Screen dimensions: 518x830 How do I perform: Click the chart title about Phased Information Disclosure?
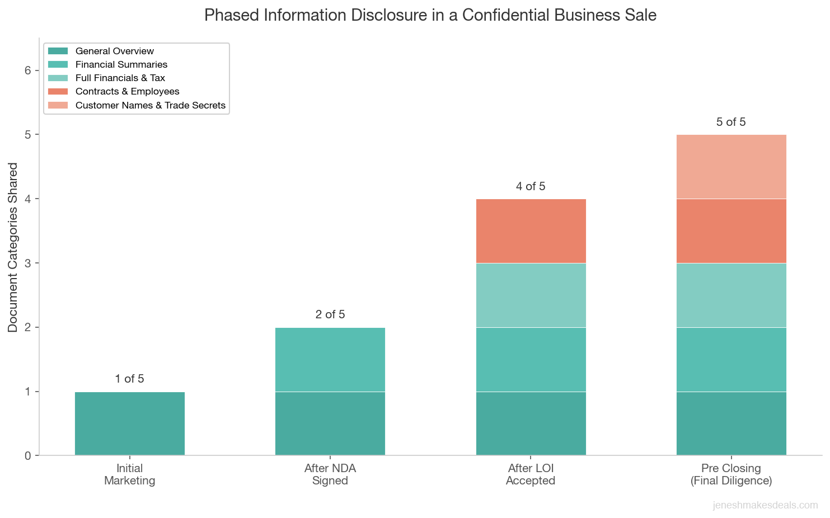pyautogui.click(x=430, y=15)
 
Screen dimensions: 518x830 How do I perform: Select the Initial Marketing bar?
pyautogui.click(x=129, y=423)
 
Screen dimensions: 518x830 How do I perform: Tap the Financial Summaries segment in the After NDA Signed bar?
pyautogui.click(x=330, y=359)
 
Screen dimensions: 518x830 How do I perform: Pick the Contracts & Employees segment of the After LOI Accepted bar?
pyautogui.click(x=531, y=231)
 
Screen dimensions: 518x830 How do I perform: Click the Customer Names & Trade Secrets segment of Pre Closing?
pyautogui.click(x=731, y=167)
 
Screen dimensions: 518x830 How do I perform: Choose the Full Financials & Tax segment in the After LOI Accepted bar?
pyautogui.click(x=531, y=295)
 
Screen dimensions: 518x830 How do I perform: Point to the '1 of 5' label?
pyautogui.click(x=129, y=379)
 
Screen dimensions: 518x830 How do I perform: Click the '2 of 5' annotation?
pyautogui.click(x=330, y=314)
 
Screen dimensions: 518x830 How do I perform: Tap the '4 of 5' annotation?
pyautogui.click(x=531, y=186)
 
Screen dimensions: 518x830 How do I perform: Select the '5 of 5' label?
pyautogui.click(x=731, y=122)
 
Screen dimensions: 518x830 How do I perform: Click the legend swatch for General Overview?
pyautogui.click(x=58, y=51)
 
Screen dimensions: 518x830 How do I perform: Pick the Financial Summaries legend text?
pyautogui.click(x=121, y=64)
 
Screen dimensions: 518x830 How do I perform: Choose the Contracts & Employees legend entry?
pyautogui.click(x=128, y=91)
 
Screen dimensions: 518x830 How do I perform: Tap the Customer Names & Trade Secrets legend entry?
pyautogui.click(x=150, y=105)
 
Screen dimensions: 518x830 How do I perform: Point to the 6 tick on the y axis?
pyautogui.click(x=28, y=70)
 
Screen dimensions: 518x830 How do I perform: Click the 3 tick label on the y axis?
pyautogui.click(x=28, y=263)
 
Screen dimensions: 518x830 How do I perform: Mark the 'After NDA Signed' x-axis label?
pyautogui.click(x=330, y=474)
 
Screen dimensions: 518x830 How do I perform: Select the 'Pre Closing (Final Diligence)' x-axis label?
pyautogui.click(x=731, y=474)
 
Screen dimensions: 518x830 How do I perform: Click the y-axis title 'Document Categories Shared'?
pyautogui.click(x=13, y=247)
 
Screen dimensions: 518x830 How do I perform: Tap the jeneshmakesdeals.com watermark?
pyautogui.click(x=765, y=505)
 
